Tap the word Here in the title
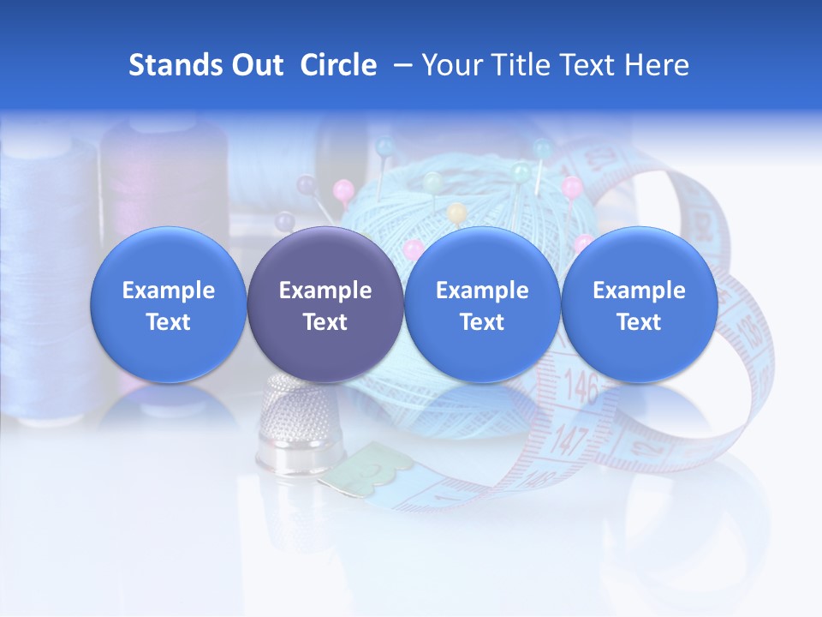click(659, 65)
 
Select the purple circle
click(325, 304)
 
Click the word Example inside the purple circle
click(325, 291)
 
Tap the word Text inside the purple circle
click(325, 322)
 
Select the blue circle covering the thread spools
click(168, 304)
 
